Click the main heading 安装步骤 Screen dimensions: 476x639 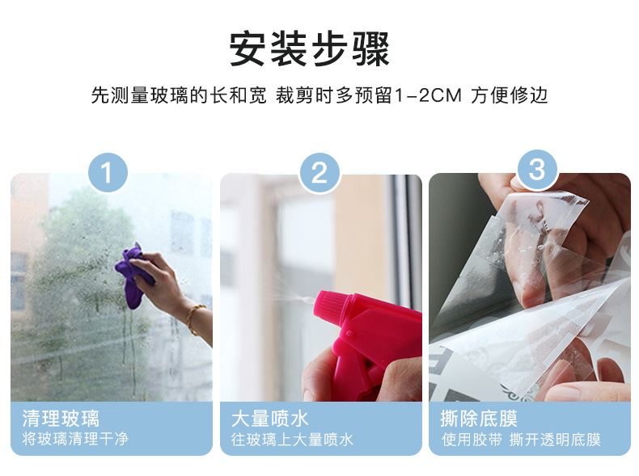tap(310, 48)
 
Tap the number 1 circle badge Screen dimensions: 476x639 tap(108, 172)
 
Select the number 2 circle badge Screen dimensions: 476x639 tap(319, 172)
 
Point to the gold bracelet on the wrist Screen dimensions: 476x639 tap(194, 318)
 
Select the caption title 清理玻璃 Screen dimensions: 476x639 tap(61, 419)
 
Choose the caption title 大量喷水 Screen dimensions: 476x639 tap(270, 419)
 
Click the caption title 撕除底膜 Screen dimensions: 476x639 tap(480, 419)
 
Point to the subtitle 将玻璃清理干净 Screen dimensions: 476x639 tap(75, 440)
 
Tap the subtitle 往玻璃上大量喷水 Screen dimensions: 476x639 tap(293, 440)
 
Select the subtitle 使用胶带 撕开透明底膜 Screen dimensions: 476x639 tap(521, 440)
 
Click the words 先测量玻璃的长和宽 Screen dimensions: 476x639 tap(178, 95)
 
